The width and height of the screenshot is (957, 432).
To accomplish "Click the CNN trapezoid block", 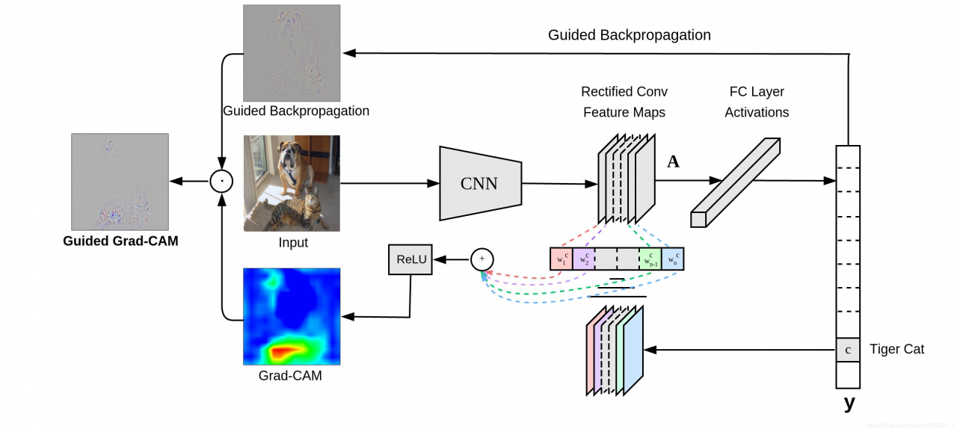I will [479, 183].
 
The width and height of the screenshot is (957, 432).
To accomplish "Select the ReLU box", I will [410, 259].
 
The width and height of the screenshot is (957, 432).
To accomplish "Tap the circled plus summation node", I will [482, 259].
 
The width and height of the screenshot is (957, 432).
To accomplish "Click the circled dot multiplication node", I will [221, 182].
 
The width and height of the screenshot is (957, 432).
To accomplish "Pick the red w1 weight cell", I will [561, 259].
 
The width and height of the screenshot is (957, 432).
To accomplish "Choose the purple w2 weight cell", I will [583, 259].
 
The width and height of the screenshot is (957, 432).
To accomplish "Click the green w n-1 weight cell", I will [650, 259].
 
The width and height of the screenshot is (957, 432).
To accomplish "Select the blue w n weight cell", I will [672, 259].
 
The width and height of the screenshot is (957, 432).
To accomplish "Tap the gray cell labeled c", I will [848, 350].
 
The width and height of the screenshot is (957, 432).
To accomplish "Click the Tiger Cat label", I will [896, 349].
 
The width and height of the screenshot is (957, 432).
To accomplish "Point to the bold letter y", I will [849, 404].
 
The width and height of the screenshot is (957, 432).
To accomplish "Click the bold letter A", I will [673, 161].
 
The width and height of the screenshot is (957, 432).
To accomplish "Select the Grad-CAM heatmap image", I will [292, 316].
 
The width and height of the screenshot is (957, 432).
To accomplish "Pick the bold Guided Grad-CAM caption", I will [120, 241].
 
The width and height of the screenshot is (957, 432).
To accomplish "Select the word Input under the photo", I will [292, 242].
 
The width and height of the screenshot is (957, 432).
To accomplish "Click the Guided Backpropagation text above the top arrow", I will [629, 35].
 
